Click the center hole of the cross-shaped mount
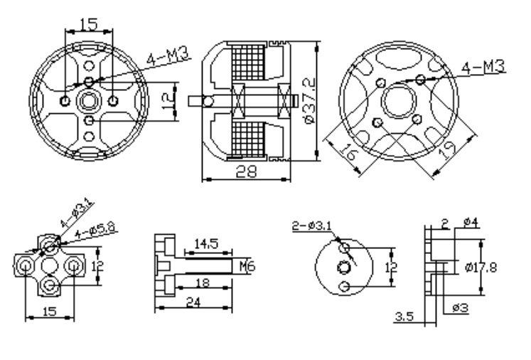click(50, 266)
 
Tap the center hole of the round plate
click(345, 266)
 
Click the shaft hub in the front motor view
click(89, 101)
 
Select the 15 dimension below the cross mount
click(49, 310)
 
